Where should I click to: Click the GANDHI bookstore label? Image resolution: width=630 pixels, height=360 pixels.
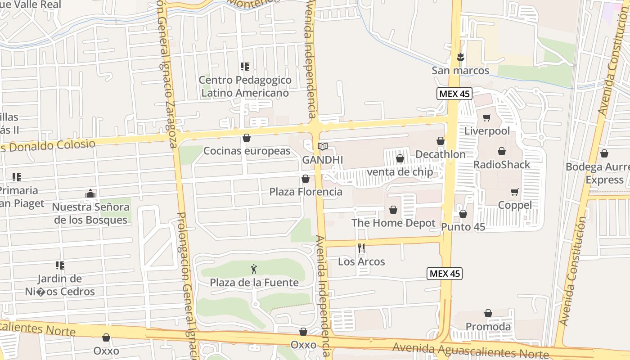(x=322, y=160)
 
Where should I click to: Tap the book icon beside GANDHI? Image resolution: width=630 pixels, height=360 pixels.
(x=323, y=146)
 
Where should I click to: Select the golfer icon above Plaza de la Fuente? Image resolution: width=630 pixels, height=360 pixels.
(x=254, y=269)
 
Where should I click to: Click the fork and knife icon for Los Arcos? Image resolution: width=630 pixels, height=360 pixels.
(x=361, y=248)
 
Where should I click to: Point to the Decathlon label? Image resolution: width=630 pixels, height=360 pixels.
(x=440, y=154)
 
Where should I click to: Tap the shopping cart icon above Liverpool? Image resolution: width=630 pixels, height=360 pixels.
(x=486, y=118)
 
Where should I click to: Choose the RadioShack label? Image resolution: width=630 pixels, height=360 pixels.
(x=502, y=165)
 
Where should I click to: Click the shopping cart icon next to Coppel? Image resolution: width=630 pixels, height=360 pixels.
(x=515, y=192)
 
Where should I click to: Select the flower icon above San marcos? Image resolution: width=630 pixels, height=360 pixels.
(x=460, y=57)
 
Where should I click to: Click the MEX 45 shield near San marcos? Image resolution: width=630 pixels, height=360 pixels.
(x=454, y=94)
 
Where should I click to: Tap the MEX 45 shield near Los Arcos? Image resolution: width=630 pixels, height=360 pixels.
(x=445, y=273)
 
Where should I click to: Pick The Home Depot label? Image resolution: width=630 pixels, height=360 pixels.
(x=393, y=223)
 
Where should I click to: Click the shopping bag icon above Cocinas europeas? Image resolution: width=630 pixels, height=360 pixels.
(x=246, y=138)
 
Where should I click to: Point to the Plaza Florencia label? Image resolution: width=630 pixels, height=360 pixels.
(x=306, y=192)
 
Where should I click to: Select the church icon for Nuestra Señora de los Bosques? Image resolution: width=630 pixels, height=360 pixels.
(x=90, y=194)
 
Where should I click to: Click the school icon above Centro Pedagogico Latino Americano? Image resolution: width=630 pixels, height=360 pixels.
(x=245, y=67)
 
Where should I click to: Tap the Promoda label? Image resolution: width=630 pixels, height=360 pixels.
(x=488, y=327)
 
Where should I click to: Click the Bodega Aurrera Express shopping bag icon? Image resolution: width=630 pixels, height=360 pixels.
(x=604, y=154)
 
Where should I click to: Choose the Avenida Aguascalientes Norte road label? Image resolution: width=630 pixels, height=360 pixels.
(x=470, y=350)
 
